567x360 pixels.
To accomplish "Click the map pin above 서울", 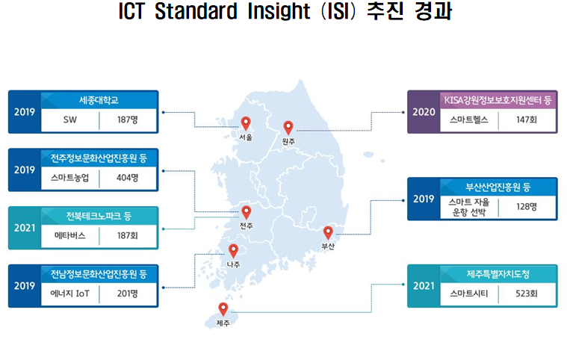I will [x=246, y=124].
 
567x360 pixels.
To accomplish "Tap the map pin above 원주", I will [x=288, y=128].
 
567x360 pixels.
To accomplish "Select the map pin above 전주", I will [x=247, y=213].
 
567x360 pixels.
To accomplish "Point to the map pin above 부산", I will [x=328, y=233].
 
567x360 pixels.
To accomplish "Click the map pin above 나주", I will [x=233, y=251].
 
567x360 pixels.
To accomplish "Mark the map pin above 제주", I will [x=223, y=309].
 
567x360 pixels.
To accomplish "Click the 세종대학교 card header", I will [x=99, y=99].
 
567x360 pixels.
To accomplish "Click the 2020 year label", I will [x=424, y=112].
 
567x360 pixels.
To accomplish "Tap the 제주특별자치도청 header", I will [x=498, y=274].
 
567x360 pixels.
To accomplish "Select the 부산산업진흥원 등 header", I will [x=498, y=187].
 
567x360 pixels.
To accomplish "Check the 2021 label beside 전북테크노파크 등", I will [x=23, y=228].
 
